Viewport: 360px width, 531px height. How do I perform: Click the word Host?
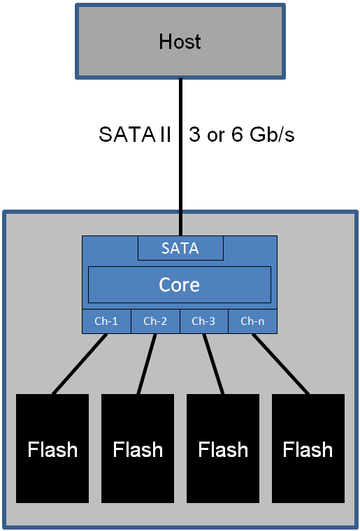180,41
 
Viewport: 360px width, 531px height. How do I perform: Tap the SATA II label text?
135,135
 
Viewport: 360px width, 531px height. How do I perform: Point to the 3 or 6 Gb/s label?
241,135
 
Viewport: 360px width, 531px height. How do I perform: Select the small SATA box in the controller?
180,248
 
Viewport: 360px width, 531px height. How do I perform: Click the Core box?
180,284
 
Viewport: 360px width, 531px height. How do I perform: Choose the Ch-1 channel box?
106,321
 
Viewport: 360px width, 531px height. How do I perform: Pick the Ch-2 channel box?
155,321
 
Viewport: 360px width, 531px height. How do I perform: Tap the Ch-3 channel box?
203,321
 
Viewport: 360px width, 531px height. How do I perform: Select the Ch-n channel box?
252,321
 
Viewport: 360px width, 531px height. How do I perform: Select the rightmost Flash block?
308,475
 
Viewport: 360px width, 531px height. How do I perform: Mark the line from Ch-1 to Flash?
80,363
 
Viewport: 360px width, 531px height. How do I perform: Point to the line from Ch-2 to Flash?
146,363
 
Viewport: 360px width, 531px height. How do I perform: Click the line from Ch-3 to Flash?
213,363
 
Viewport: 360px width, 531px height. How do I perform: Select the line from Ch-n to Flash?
280,363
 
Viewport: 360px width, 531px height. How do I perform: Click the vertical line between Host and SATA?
180,175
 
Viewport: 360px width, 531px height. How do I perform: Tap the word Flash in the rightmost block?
308,449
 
